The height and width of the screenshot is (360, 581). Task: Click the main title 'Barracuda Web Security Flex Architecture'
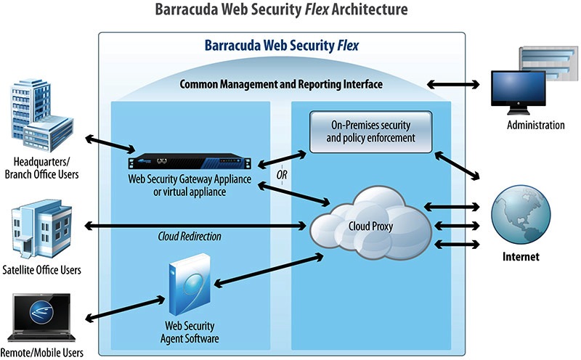[290, 10]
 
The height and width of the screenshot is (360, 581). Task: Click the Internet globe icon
[524, 213]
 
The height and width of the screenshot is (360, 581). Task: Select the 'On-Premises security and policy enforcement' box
[370, 131]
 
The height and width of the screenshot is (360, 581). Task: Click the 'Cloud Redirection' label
[190, 237]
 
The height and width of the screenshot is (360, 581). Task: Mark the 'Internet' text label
[524, 257]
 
